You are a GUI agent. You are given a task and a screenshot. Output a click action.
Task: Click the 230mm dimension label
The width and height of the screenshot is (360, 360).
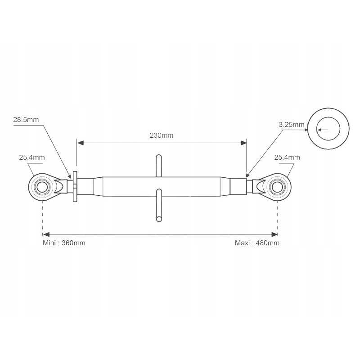point(161,135)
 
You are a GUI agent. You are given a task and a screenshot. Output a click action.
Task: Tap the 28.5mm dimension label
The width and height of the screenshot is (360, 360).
point(26,120)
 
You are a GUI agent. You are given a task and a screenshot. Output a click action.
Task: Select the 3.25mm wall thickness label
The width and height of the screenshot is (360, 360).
point(291,125)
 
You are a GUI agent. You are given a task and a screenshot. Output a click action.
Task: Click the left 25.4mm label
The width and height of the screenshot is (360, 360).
point(32,157)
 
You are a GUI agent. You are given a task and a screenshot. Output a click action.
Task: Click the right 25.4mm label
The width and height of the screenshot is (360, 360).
point(287,157)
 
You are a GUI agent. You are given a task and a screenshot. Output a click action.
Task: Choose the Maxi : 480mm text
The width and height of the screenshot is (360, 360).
point(257,243)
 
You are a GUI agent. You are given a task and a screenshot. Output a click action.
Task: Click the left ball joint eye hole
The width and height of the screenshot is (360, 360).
point(42,186)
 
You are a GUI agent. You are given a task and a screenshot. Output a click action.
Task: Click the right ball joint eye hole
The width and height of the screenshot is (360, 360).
point(277,186)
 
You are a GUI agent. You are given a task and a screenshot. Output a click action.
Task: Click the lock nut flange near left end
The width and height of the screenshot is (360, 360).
point(75,187)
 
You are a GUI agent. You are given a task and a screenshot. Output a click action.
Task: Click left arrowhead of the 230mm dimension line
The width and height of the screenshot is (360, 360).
point(80,143)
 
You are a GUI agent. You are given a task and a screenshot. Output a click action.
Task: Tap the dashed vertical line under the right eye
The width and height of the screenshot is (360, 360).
point(277,216)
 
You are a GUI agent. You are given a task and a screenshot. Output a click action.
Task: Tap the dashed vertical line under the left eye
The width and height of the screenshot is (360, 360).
point(42,216)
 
